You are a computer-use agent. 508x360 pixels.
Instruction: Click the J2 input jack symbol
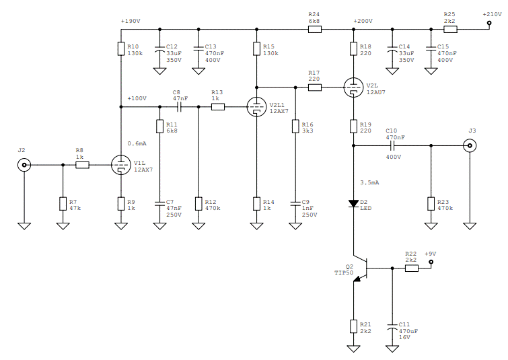click(24, 165)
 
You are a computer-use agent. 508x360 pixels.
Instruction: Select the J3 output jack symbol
click(470, 145)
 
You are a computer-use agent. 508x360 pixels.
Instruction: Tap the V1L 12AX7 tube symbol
click(121, 165)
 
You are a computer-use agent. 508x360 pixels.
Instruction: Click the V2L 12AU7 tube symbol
click(353, 87)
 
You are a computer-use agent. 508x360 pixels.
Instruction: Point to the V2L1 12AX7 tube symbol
click(256, 106)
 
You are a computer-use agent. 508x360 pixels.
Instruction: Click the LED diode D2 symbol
click(353, 203)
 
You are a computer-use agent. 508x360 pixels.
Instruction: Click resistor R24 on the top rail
click(315, 29)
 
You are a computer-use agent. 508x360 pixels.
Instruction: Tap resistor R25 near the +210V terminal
click(450, 29)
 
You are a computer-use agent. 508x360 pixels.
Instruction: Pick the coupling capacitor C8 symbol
click(179, 106)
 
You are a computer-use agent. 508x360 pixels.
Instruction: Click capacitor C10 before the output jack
click(392, 145)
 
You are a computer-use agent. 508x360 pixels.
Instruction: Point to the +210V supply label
click(492, 14)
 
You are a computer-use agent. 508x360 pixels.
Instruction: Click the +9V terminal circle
click(431, 262)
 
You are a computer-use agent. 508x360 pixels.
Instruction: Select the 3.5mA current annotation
click(369, 182)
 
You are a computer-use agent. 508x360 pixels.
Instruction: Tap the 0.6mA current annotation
click(137, 143)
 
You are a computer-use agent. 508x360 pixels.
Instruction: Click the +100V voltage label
click(137, 98)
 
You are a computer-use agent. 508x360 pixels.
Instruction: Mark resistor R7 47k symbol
click(63, 204)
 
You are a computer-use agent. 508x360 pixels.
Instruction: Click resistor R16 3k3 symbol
click(295, 126)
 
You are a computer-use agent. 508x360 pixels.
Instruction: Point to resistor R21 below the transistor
click(353, 326)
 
